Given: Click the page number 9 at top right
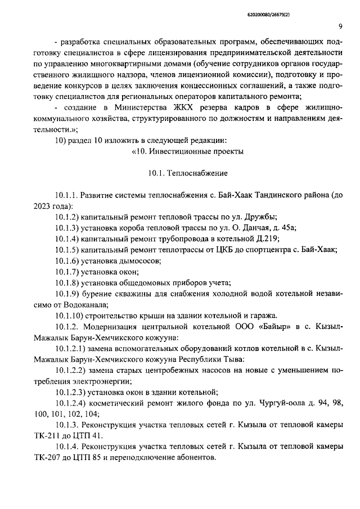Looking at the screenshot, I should click(341, 26).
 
